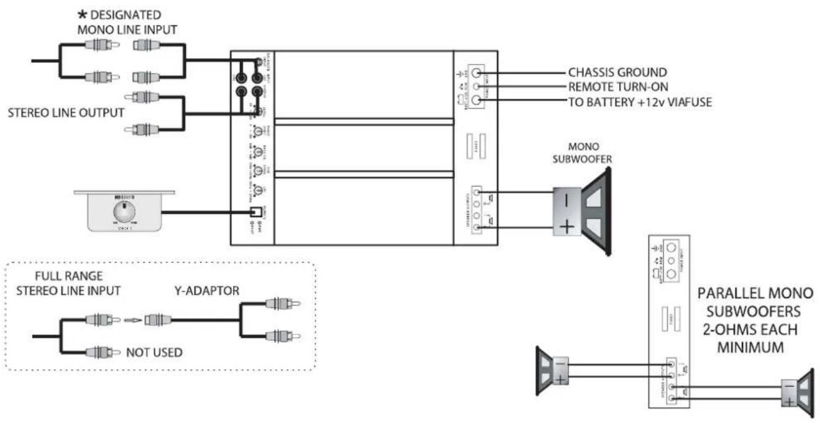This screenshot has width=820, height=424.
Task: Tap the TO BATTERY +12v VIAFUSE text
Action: click(640, 100)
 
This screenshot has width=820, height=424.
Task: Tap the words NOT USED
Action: click(154, 353)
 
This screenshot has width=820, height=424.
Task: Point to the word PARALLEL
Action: click(723, 291)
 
